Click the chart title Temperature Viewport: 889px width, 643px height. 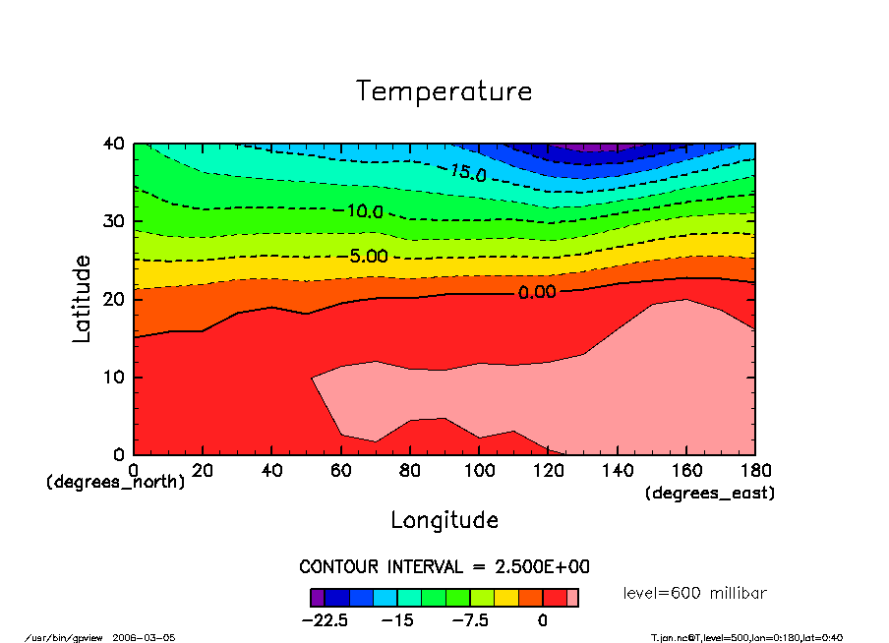click(444, 91)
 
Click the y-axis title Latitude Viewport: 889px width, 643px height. click(82, 299)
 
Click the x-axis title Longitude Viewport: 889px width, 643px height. click(444, 520)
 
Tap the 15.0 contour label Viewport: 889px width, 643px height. click(467, 173)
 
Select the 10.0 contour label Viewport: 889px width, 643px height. click(364, 210)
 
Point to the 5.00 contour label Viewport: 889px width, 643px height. click(369, 257)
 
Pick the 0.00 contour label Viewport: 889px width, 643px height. click(537, 292)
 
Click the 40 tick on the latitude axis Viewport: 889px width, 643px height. click(114, 144)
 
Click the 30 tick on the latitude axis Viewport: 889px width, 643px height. click(114, 221)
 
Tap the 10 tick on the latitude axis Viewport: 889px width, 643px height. click(114, 378)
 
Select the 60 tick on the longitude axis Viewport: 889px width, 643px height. click(340, 471)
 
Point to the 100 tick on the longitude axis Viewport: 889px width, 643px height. click(479, 471)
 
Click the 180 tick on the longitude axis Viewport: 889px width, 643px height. click(755, 471)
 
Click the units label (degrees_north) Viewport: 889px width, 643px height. click(115, 482)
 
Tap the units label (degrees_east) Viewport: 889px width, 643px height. click(710, 494)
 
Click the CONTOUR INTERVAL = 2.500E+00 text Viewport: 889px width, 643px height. click(444, 567)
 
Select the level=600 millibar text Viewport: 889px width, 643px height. click(695, 593)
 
